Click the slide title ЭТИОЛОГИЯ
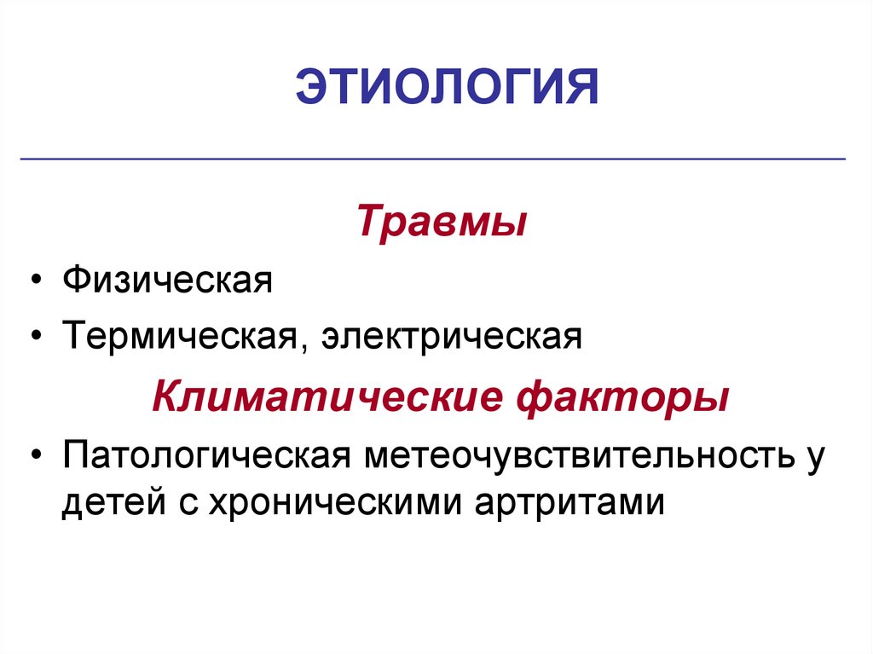pos(448,89)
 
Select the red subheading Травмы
pos(441,221)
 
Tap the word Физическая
pos(166,281)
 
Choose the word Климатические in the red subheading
pos(321,396)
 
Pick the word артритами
pos(567,501)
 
